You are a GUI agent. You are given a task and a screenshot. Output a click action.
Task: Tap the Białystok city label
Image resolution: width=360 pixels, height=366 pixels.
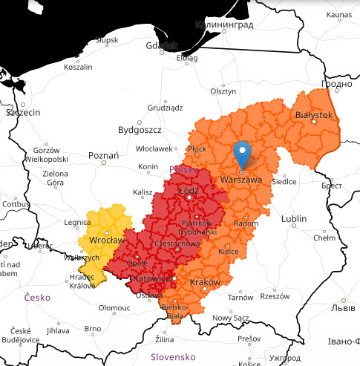314,115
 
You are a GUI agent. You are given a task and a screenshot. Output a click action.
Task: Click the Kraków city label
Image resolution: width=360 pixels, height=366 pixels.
206,283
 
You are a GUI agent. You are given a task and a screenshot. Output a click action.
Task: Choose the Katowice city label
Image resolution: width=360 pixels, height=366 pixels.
151,278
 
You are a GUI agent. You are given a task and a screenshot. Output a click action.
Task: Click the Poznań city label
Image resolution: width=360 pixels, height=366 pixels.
103,155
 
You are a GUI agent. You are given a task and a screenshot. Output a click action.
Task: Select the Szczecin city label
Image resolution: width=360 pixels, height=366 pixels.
22,113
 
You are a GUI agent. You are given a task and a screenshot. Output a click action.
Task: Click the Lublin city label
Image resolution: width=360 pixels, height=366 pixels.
294,218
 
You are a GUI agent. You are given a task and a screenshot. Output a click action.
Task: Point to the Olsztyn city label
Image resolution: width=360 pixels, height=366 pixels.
223,91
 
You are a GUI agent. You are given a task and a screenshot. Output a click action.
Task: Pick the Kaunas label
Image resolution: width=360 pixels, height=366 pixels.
338,15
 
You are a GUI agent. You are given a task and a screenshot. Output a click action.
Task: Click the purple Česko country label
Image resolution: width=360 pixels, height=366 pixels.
37,297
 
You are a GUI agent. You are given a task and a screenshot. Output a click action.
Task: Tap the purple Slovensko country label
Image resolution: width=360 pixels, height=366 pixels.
172,356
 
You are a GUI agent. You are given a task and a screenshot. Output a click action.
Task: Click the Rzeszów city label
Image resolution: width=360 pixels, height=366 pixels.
275,295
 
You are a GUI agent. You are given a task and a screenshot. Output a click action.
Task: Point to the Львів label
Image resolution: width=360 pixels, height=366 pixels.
341,307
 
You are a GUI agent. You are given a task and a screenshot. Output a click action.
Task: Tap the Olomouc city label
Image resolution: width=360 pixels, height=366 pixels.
114,307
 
